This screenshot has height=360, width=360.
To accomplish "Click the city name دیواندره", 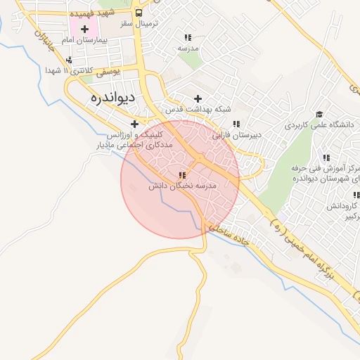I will coord(113,98).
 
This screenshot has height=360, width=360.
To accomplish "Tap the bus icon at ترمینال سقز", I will coord(139,13).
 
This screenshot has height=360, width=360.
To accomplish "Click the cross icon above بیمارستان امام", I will coord(85,29).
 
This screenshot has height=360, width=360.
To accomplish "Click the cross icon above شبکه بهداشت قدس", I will coord(198,99).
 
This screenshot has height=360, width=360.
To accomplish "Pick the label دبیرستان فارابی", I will coord(236,134).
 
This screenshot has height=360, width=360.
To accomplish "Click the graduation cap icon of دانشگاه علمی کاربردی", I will coord(319,113).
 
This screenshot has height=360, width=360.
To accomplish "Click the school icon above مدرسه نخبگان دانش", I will coord(182,175).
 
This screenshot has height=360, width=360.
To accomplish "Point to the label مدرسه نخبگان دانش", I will coord(184,186).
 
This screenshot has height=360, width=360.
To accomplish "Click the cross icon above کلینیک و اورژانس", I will coord(134,124).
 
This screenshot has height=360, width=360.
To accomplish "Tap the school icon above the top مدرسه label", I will coord(187,37).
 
